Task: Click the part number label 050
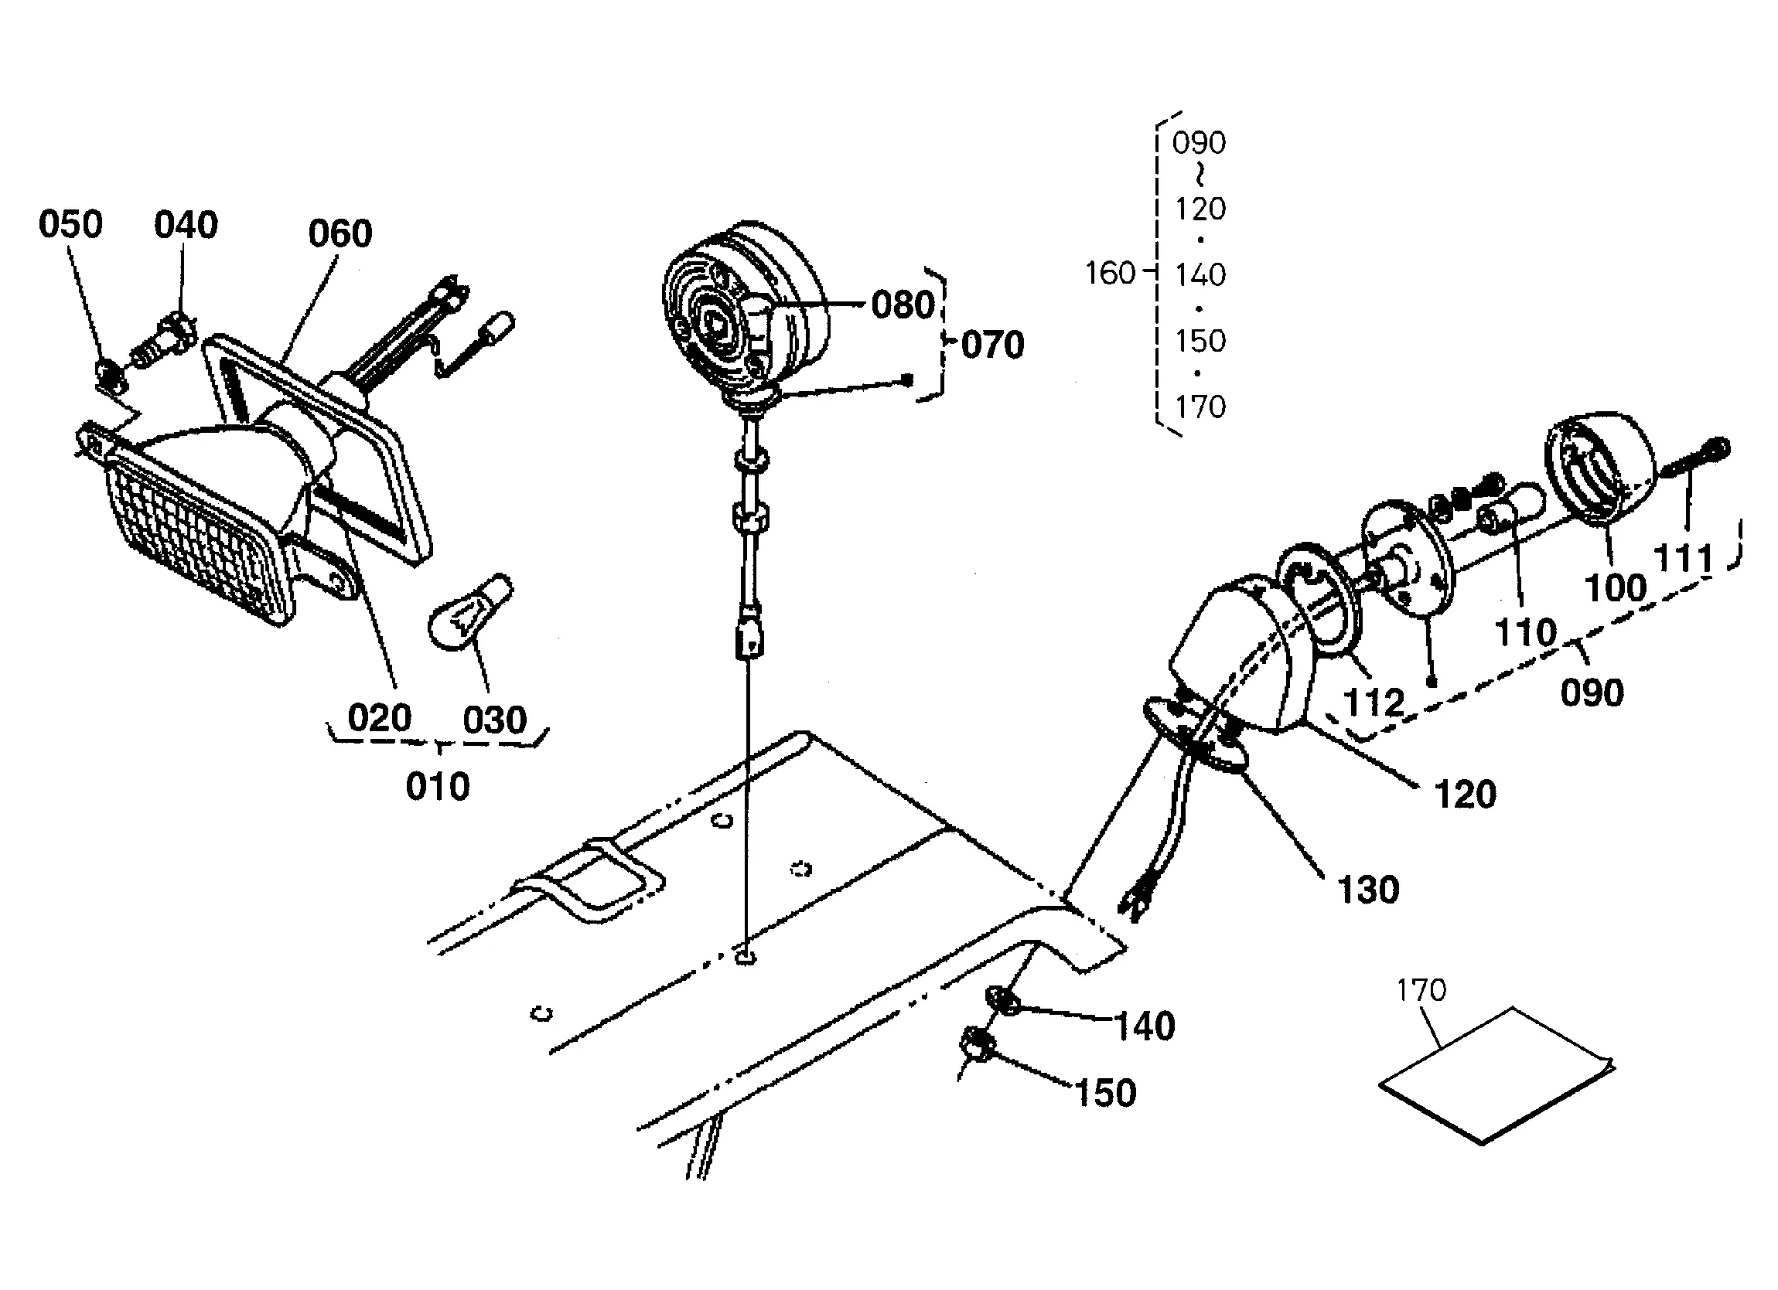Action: pyautogui.click(x=70, y=225)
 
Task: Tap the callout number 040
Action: pyautogui.click(x=186, y=225)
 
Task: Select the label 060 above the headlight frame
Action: pyautogui.click(x=340, y=233)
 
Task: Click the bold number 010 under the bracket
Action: pyautogui.click(x=438, y=786)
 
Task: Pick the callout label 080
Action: pyautogui.click(x=904, y=305)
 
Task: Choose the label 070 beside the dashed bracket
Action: pyautogui.click(x=992, y=345)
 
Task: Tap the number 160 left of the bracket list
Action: pyautogui.click(x=1110, y=274)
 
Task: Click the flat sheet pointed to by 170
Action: pyautogui.click(x=1496, y=1075)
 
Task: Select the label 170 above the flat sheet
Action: pyautogui.click(x=1421, y=991)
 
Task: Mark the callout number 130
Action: pyautogui.click(x=1368, y=890)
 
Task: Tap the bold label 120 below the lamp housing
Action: pyautogui.click(x=1466, y=795)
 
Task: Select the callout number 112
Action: pyautogui.click(x=1374, y=703)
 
